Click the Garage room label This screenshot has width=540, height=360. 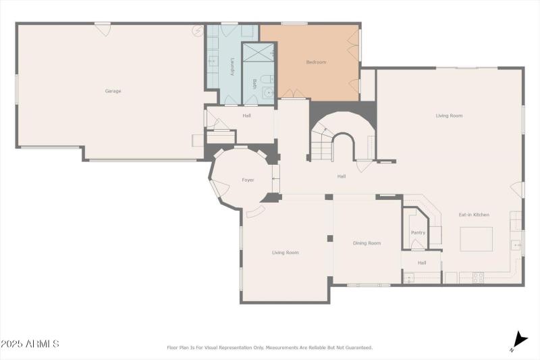pos(113,91)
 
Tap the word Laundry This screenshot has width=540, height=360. pos(232,66)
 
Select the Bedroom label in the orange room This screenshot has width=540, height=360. pos(316,62)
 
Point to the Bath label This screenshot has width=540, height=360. pos(254,84)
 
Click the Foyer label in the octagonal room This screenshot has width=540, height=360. pos(248,180)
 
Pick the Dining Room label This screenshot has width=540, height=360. pos(367,243)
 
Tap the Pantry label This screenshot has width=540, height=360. pos(418,232)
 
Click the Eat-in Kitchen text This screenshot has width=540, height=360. pos(474,215)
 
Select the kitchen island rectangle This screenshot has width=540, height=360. pos(477,238)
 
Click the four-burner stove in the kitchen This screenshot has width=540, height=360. pos(477,276)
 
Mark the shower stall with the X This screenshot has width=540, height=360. pos(259,51)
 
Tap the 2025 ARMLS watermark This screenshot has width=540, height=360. pos(30,344)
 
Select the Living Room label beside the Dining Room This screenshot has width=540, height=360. pos(285,253)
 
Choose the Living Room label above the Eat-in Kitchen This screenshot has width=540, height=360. pos(449,115)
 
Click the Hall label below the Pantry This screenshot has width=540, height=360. pos(422,263)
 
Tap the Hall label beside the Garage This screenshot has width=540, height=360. pos(247,115)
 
